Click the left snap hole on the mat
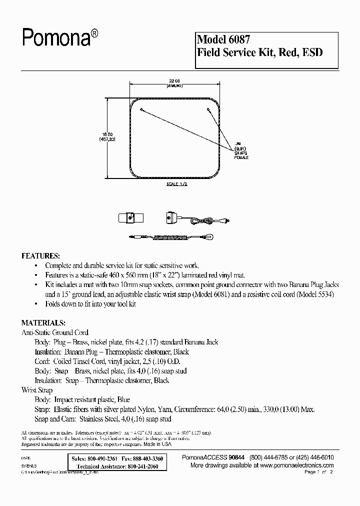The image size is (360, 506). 142,109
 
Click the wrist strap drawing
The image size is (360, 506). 130,218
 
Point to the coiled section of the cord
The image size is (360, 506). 165,237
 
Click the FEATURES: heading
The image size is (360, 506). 40,255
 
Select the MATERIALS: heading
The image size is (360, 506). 43,323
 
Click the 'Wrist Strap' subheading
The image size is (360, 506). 37,389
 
